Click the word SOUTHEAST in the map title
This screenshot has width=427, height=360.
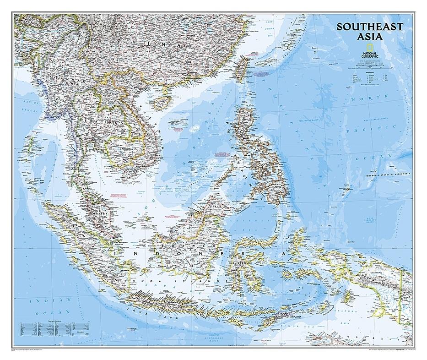370,27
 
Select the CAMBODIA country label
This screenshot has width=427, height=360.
124,148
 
